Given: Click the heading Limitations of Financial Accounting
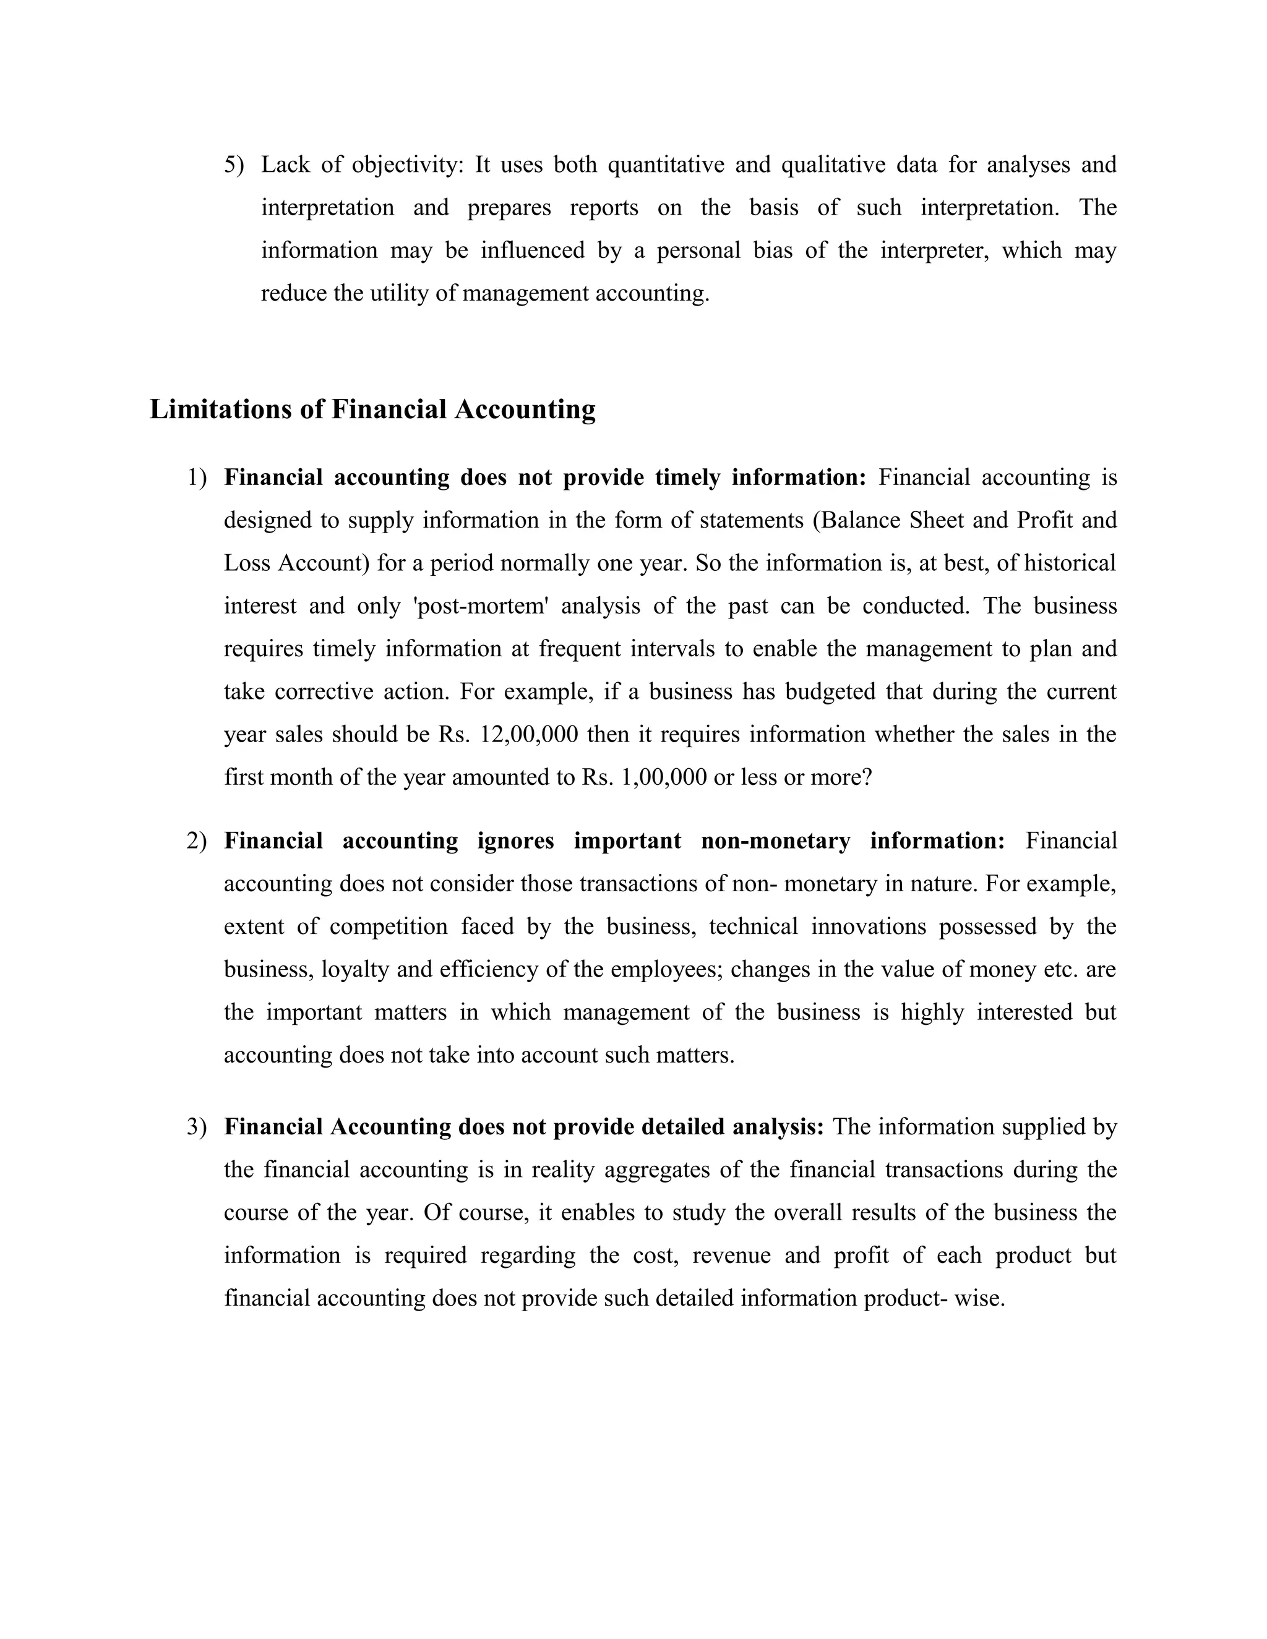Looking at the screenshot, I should point(372,409).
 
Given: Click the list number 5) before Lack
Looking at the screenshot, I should point(234,165).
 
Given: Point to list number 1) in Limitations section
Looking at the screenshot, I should point(197,477).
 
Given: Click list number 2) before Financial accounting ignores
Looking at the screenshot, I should point(197,841).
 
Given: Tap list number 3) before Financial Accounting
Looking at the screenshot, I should point(197,1126).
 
